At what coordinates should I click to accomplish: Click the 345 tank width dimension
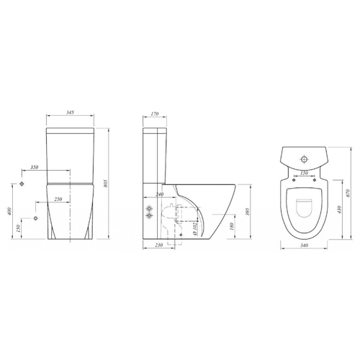(70, 112)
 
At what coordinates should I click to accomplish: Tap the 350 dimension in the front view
(35, 167)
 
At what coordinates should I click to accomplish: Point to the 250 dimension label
(58, 199)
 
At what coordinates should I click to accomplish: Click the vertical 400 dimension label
(9, 211)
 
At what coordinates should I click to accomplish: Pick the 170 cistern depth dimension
(155, 114)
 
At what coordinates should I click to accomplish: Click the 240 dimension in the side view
(160, 194)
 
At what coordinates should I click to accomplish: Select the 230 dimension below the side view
(159, 245)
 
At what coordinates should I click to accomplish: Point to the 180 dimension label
(231, 226)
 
